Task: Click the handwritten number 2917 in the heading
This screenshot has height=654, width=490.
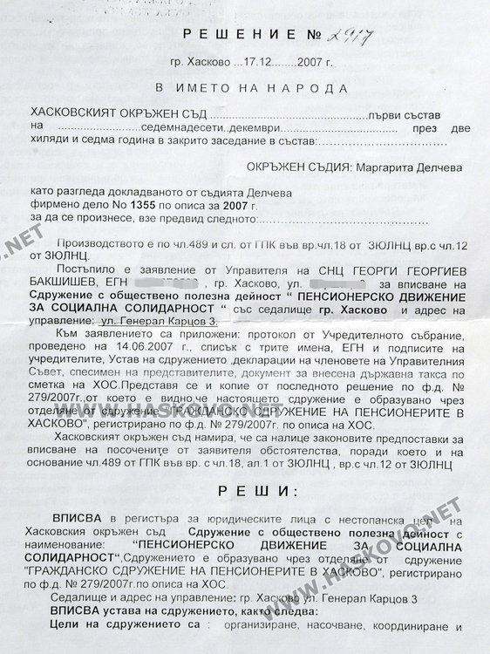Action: (x=342, y=35)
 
